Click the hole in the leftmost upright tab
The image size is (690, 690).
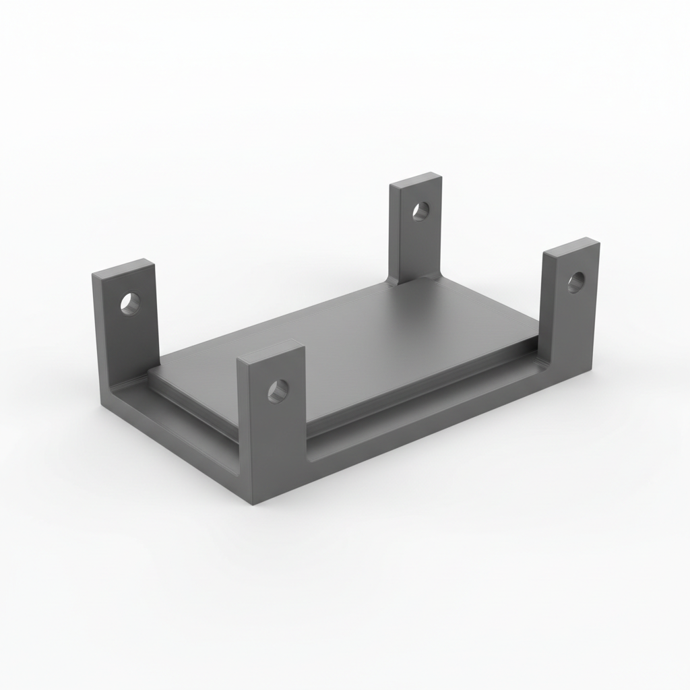point(130,303)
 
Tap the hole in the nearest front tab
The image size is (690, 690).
point(278,391)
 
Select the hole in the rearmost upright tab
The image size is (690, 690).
point(420,212)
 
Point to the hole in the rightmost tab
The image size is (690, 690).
point(575,282)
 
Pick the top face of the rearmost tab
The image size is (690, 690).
point(416,180)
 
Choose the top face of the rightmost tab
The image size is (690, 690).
point(571,246)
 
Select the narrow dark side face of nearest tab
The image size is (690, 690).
point(243,431)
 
